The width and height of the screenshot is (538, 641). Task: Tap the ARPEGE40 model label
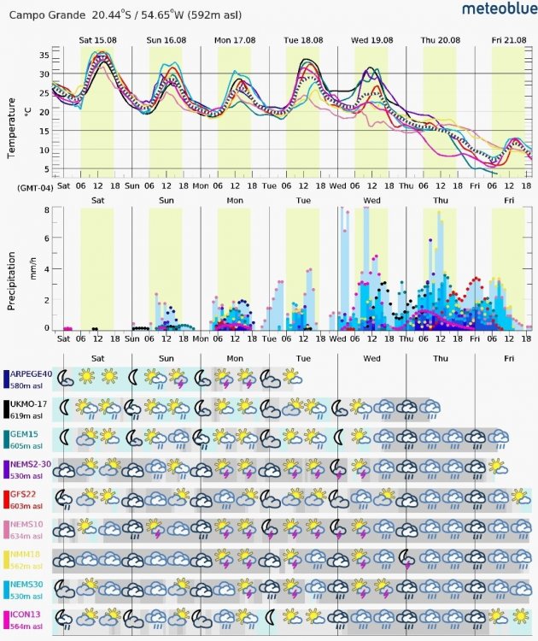coord(31,373)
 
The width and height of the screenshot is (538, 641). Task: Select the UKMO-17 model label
coord(29,403)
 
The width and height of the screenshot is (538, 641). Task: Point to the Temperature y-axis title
coord(12,126)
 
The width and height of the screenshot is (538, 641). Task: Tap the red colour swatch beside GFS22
coord(6,499)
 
